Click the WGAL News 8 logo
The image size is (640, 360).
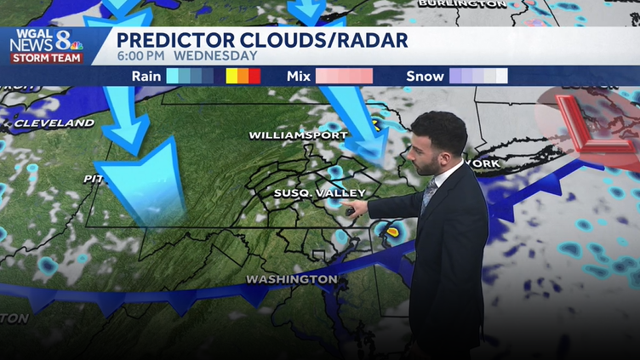click(x=46, y=46)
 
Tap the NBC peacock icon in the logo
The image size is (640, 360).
click(x=74, y=45)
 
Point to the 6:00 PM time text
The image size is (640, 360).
click(x=141, y=56)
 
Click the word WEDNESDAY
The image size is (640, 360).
click(x=215, y=56)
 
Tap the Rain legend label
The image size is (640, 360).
click(x=146, y=76)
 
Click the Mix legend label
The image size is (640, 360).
click(x=298, y=76)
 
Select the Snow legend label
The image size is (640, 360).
click(x=425, y=76)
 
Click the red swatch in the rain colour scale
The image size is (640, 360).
click(x=254, y=76)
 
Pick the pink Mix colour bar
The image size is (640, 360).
click(x=344, y=76)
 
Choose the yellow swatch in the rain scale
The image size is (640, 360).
click(x=231, y=76)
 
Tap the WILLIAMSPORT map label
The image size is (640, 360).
click(x=298, y=135)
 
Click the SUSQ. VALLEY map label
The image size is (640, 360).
click(x=309, y=193)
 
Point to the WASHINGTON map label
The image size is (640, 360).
click(x=291, y=279)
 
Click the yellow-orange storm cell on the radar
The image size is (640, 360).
click(x=392, y=230)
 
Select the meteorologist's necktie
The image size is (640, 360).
click(x=428, y=197)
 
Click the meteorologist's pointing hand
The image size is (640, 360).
click(x=357, y=207)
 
